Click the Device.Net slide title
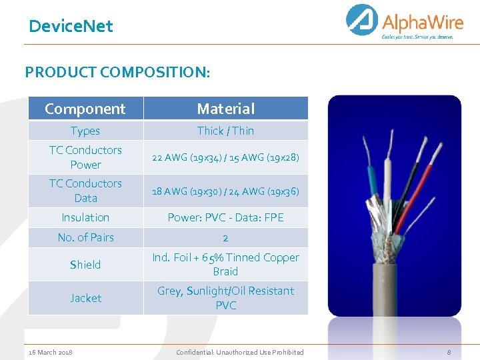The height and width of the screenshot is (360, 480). pyautogui.click(x=71, y=27)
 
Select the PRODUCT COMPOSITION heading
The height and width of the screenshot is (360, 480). pyautogui.click(x=117, y=72)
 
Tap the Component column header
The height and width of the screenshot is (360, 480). pyautogui.click(x=85, y=109)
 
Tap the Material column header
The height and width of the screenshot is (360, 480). pyautogui.click(x=225, y=109)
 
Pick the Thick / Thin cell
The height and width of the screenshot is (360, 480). pyautogui.click(x=225, y=131)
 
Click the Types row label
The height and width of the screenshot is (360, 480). pyautogui.click(x=85, y=131)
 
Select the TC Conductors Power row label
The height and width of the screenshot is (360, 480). pyautogui.click(x=85, y=157)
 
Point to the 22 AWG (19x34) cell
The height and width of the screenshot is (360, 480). pyautogui.click(x=225, y=158)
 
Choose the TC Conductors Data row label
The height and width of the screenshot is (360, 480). pyautogui.click(x=85, y=191)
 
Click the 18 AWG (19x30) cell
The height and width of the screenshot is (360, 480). pyautogui.click(x=225, y=191)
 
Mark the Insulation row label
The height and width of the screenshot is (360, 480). pyautogui.click(x=85, y=217)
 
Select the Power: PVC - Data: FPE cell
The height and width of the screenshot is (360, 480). pyautogui.click(x=225, y=217)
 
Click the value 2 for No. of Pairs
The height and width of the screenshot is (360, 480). pyautogui.click(x=225, y=238)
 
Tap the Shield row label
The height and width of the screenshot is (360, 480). pyautogui.click(x=85, y=265)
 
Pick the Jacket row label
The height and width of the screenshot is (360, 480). pyautogui.click(x=85, y=298)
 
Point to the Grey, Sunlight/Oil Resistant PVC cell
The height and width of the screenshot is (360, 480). pyautogui.click(x=225, y=298)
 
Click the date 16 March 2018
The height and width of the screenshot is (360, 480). pyautogui.click(x=51, y=352)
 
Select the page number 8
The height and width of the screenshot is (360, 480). pyautogui.click(x=449, y=352)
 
